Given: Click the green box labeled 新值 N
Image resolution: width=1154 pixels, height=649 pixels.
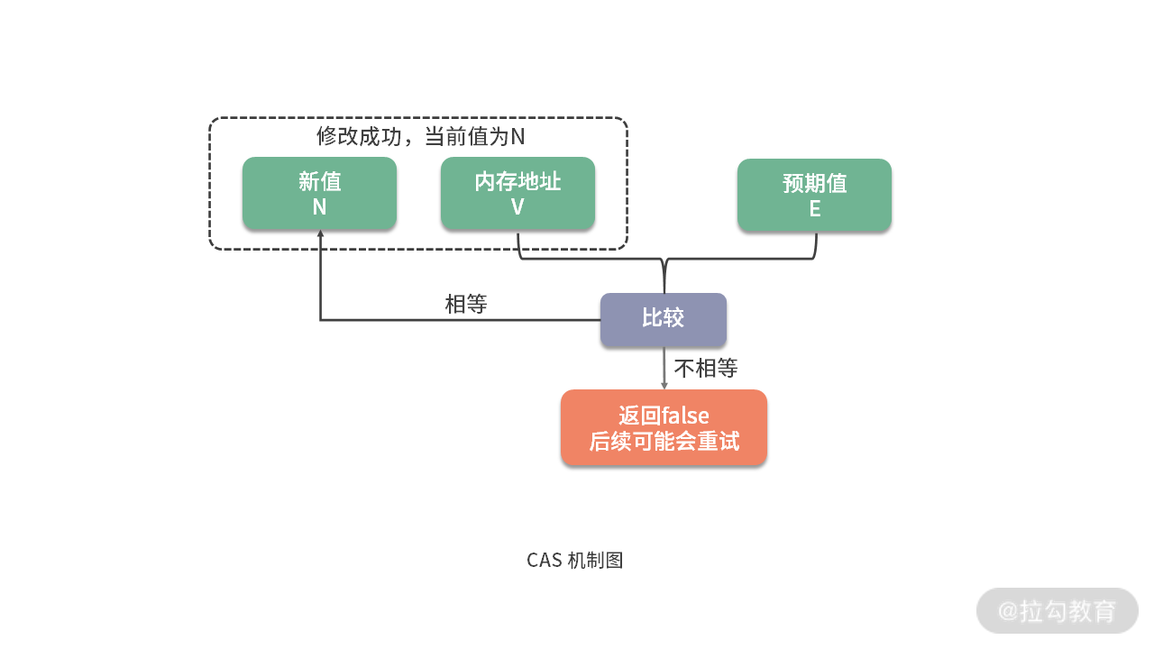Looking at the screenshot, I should (319, 193).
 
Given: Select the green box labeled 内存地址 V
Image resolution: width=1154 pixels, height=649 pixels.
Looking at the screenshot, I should (517, 193).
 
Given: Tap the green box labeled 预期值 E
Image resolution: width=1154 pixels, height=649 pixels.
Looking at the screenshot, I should (814, 195).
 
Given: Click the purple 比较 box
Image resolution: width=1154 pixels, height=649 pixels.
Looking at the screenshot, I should (663, 319).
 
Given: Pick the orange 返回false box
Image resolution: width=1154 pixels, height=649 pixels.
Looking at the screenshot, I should (664, 427).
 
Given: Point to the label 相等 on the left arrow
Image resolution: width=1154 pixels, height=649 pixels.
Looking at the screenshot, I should (466, 305).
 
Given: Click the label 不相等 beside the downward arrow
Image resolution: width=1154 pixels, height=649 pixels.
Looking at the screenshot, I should (706, 368).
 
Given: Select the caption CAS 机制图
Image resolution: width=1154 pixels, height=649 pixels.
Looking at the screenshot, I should (575, 560).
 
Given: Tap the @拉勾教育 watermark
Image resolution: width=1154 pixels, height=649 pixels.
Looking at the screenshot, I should (1057, 610).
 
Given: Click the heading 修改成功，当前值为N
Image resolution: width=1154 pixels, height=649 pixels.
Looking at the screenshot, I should (420, 137).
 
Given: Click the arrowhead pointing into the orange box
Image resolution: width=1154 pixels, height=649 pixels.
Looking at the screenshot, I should (664, 385).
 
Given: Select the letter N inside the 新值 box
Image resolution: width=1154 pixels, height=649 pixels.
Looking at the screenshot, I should (319, 206).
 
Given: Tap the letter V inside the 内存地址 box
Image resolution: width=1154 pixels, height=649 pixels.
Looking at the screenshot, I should (517, 206).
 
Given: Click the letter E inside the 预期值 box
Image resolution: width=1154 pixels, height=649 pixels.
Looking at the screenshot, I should (814, 208).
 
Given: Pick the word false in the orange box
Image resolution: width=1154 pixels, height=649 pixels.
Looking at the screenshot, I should (685, 416).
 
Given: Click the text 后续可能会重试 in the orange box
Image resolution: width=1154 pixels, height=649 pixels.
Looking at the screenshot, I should (664, 441).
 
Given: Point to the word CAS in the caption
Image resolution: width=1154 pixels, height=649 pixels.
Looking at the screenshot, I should (544, 560).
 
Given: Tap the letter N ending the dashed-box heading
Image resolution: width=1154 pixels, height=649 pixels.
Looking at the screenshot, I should (517, 137).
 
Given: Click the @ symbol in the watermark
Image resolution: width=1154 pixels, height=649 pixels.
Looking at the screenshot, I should (1008, 611).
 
